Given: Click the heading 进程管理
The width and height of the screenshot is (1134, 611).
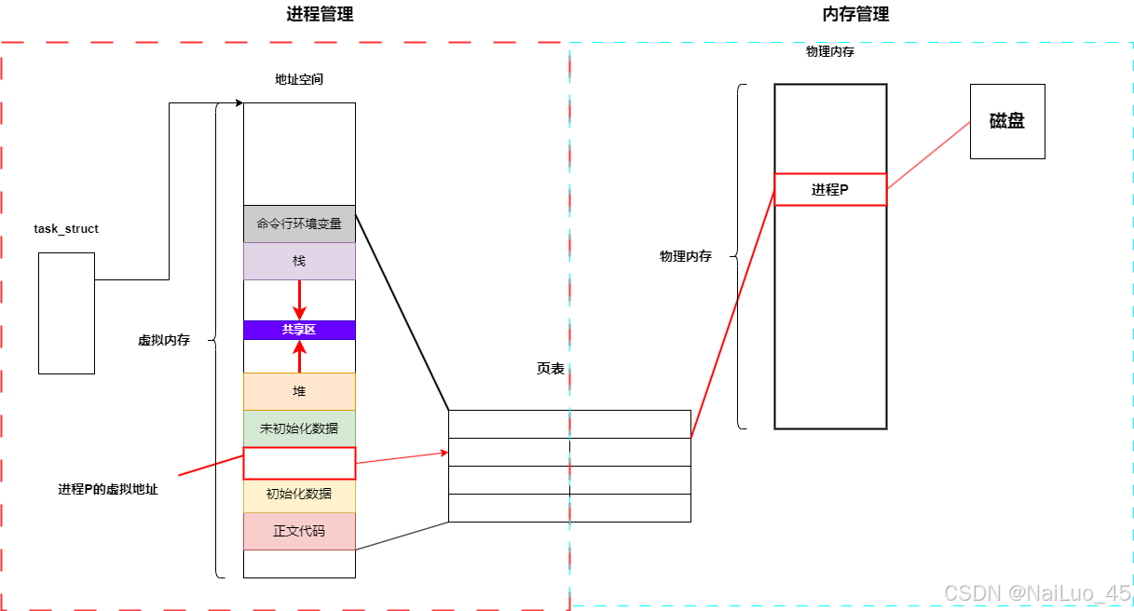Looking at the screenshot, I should (x=320, y=14).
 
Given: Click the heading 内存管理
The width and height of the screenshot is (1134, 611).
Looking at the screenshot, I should (x=855, y=14).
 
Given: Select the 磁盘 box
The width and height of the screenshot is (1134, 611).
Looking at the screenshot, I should (x=1007, y=121).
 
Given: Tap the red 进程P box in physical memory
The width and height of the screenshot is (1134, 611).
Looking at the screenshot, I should (x=830, y=189).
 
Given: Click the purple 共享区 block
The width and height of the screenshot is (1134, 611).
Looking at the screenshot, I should (x=299, y=330).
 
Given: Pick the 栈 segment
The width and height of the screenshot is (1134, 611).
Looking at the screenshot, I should (x=299, y=261).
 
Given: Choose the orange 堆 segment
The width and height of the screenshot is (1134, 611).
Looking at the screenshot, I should (x=299, y=391).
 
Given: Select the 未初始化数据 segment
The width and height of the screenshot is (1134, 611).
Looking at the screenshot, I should (x=299, y=428).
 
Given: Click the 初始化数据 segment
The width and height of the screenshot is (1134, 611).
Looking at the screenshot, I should (x=299, y=495).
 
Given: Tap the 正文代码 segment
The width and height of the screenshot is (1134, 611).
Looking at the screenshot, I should (x=299, y=532).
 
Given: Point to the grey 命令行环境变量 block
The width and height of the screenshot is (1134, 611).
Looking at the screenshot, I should (x=299, y=224).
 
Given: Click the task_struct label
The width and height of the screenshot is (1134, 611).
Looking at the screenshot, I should (x=66, y=228).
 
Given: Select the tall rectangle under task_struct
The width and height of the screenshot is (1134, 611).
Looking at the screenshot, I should (x=66, y=313).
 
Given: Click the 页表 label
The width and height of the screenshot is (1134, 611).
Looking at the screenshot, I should (x=551, y=369).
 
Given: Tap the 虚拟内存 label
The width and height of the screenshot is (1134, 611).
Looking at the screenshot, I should (x=164, y=341).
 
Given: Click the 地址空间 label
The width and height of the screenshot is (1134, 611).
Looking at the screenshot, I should (x=299, y=79).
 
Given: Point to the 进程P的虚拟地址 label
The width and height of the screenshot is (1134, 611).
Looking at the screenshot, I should (x=108, y=489).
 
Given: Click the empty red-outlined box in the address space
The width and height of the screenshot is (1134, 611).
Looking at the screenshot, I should (x=299, y=463).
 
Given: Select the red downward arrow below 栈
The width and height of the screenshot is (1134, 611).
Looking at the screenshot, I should (x=299, y=299).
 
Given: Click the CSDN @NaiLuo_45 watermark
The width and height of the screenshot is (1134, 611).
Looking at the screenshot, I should (x=1036, y=592).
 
